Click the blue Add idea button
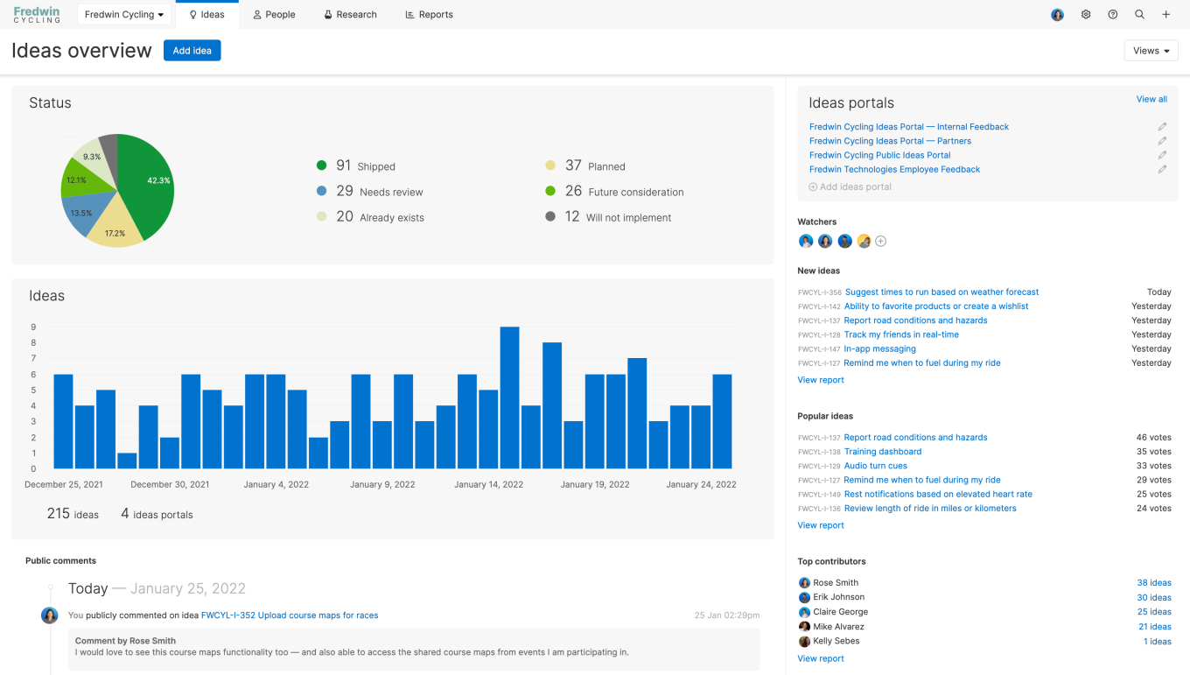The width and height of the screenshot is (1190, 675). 192,51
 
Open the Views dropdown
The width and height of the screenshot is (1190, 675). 1151,51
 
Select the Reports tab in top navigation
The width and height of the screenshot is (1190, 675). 429,15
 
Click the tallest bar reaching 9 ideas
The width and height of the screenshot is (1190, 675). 509,397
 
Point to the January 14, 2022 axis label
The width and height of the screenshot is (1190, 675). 488,484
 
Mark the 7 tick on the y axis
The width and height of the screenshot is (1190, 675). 33,358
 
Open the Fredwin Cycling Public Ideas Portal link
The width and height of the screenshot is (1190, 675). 879,155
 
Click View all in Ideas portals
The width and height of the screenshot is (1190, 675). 1151,99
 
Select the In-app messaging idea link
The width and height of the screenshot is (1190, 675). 879,348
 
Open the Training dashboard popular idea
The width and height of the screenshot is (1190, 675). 882,452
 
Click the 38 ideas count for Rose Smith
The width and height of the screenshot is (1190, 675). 1153,583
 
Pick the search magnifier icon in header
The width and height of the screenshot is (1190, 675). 1139,15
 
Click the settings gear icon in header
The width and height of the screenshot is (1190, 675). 1086,15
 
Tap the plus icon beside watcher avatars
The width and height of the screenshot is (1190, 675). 881,242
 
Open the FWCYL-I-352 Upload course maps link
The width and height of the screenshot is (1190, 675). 290,615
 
